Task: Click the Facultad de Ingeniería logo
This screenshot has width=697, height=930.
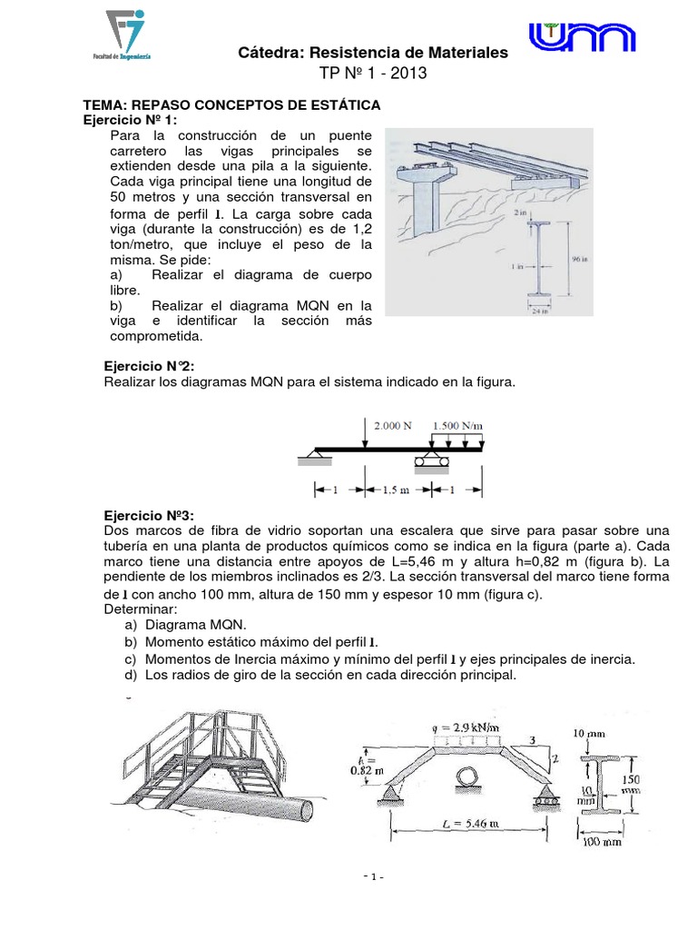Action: click(x=128, y=34)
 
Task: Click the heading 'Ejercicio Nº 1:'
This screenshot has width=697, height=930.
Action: click(x=131, y=120)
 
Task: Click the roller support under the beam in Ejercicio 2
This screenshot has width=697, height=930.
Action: click(x=432, y=463)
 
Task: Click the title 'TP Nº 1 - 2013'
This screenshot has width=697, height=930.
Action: click(x=372, y=74)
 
